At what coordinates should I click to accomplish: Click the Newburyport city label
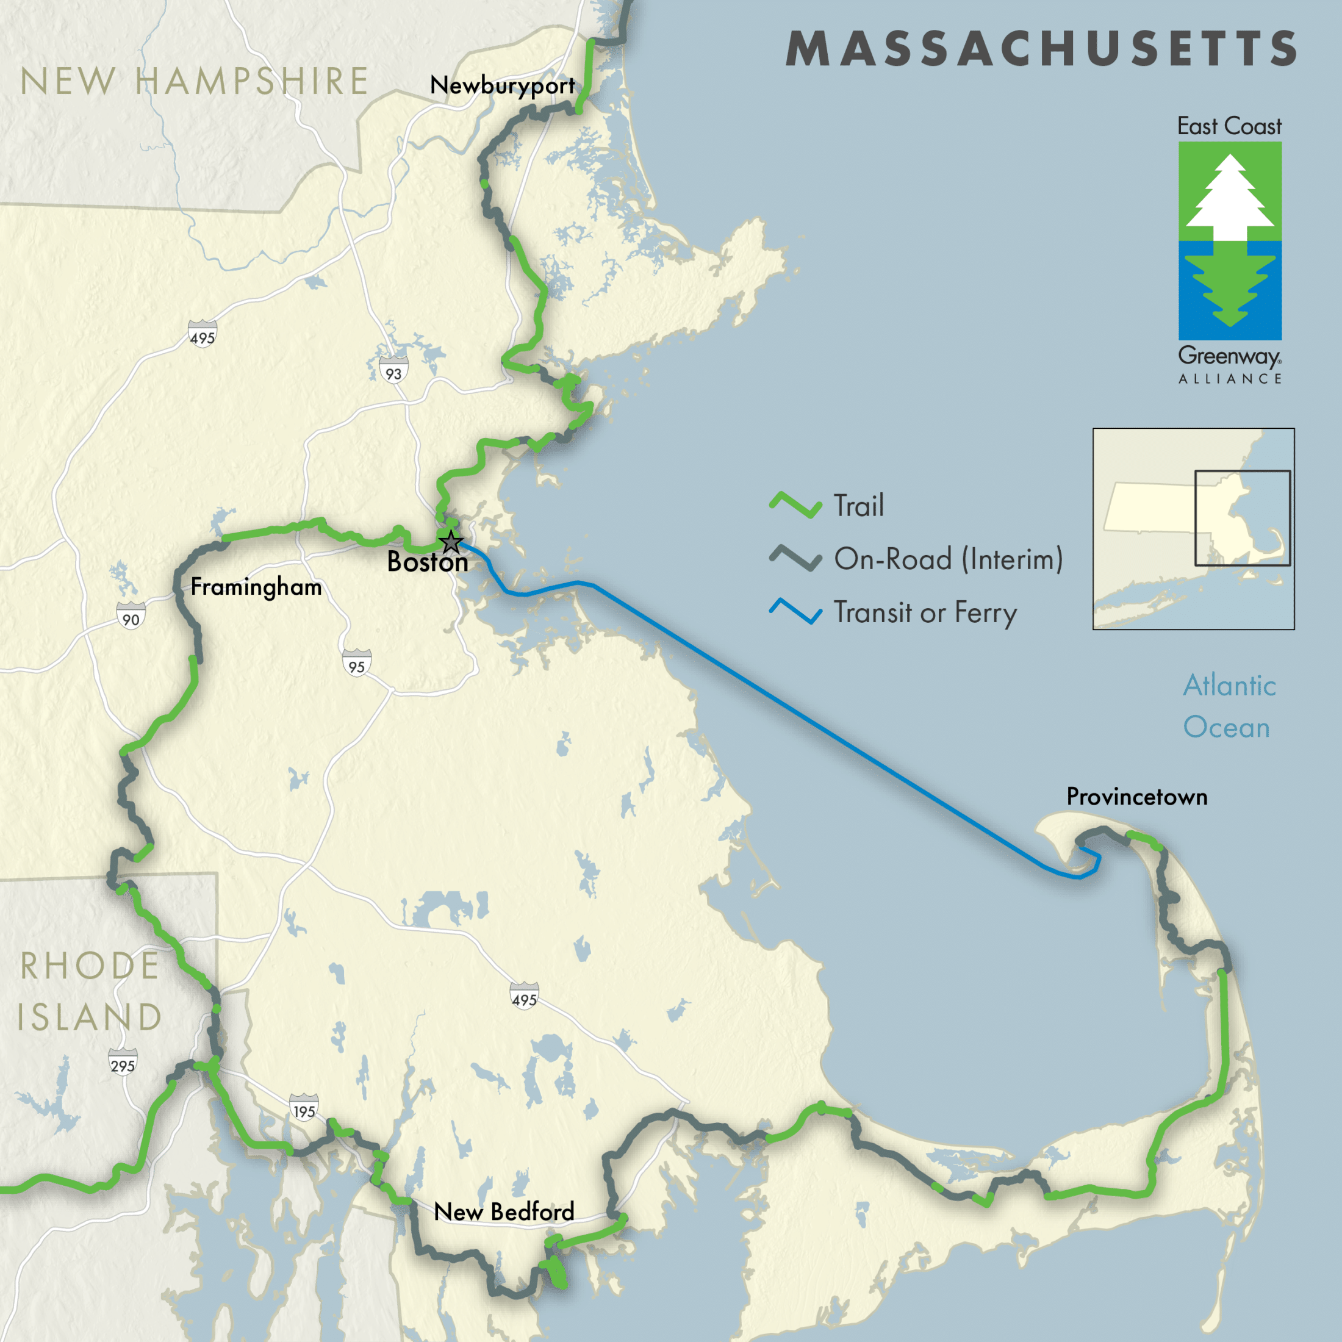[x=501, y=86]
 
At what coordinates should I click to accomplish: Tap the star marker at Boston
[x=451, y=541]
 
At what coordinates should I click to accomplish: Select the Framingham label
[x=256, y=587]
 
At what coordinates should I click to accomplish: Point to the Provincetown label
[x=1136, y=797]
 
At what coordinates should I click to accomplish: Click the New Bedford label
[x=504, y=1212]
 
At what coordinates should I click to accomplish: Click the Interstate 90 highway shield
[x=131, y=618]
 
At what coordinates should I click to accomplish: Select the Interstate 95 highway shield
[x=356, y=666]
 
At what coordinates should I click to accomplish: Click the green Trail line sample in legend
[x=795, y=505]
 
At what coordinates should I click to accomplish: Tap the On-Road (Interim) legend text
[x=948, y=559]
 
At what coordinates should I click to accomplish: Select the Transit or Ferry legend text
[x=925, y=612]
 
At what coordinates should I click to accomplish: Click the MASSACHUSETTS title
[x=1041, y=49]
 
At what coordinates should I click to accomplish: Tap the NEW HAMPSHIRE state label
[x=195, y=82]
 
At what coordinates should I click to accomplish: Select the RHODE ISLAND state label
[x=89, y=991]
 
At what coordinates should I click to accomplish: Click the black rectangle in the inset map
[x=1242, y=518]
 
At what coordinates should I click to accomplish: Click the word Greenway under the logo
[x=1228, y=356]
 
